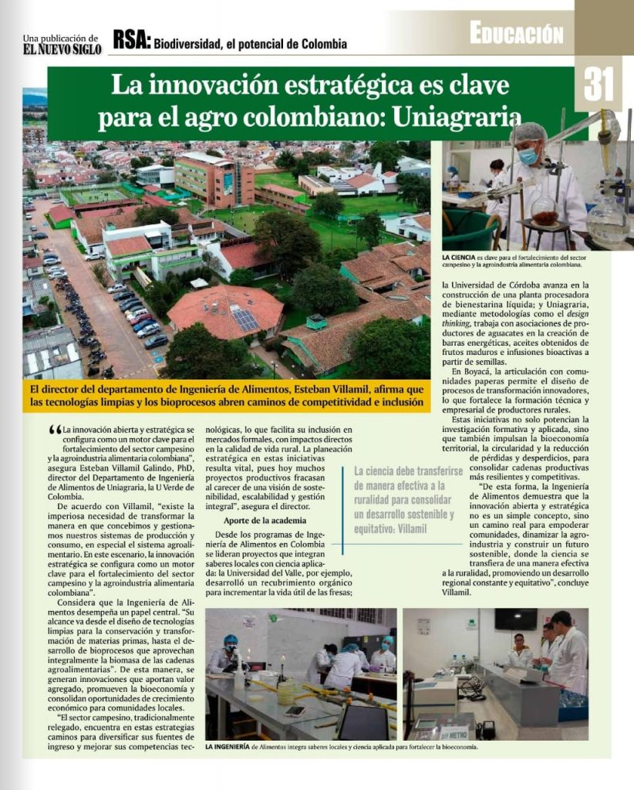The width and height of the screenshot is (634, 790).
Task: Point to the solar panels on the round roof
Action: point(245,319)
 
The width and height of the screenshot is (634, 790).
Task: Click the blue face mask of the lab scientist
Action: point(528,157)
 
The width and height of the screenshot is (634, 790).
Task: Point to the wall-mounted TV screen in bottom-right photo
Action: point(516,619)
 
